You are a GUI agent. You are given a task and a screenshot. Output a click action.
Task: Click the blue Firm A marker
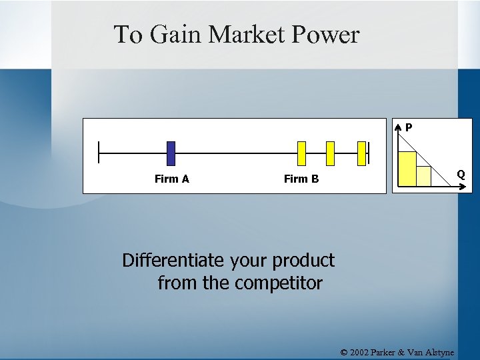pyautogui.click(x=171, y=153)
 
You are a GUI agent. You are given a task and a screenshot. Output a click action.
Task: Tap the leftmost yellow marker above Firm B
pyautogui.click(x=301, y=153)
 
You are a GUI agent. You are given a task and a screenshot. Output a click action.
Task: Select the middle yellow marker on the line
pyautogui.click(x=329, y=153)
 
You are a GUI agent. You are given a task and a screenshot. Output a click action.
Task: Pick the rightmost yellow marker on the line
pyautogui.click(x=362, y=153)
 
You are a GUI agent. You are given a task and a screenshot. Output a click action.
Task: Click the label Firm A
pyautogui.click(x=171, y=179)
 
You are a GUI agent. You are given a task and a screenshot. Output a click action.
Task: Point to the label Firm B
pyautogui.click(x=301, y=179)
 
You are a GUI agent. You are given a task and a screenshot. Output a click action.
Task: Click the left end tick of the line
pyautogui.click(x=99, y=153)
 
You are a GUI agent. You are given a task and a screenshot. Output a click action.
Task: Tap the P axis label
pyautogui.click(x=408, y=127)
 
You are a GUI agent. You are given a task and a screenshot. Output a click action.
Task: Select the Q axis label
pyautogui.click(x=461, y=175)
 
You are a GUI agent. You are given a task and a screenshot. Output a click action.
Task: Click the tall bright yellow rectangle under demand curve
pyautogui.click(x=407, y=168)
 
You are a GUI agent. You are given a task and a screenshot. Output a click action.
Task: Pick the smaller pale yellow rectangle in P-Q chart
pyautogui.click(x=423, y=175)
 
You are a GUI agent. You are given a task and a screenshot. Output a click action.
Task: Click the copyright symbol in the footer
pyautogui.click(x=344, y=352)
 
